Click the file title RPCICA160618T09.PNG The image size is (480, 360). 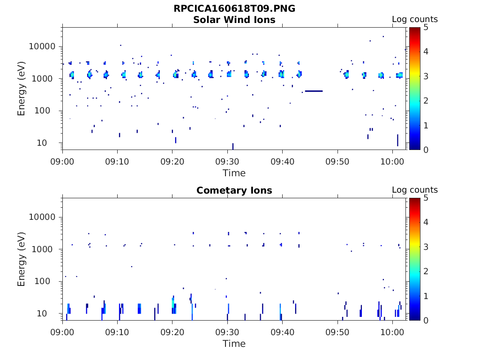tap(234, 8)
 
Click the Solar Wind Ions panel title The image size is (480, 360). tap(234, 20)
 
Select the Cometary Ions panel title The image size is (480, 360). tap(234, 190)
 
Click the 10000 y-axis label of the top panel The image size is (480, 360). tap(42, 46)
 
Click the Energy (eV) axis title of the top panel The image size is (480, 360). tap(22, 88)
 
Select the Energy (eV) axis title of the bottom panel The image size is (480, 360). tap(22, 259)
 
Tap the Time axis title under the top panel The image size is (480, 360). tap(234, 173)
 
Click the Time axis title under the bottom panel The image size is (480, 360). tap(234, 344)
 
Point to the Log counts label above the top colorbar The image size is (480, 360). tap(414, 20)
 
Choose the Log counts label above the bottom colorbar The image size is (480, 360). tap(414, 190)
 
